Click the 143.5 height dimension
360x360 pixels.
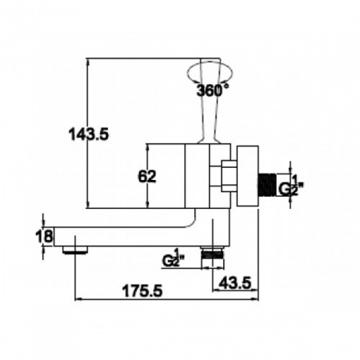89,134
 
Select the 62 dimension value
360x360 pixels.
147,176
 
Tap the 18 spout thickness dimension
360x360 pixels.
45,236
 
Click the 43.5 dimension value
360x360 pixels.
235,282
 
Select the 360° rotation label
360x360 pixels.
213,90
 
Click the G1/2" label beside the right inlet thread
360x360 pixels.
291,186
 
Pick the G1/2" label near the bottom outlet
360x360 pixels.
174,258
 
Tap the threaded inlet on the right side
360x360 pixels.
267,185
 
